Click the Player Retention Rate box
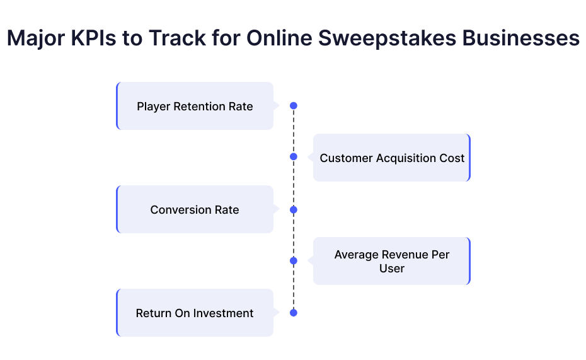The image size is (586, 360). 195,106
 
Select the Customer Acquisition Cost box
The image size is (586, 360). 392,158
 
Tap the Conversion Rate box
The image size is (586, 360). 195,209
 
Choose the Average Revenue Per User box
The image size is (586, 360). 392,261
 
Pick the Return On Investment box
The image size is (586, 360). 195,313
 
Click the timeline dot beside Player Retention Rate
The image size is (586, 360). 294,106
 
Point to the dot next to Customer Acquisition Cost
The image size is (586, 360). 294,156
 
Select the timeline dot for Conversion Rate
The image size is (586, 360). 294,210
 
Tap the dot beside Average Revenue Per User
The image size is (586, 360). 294,260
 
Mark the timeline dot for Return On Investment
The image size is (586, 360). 294,313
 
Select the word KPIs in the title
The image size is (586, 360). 93,38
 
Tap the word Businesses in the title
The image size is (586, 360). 521,38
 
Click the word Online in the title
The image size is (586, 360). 279,38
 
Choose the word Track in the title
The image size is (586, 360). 177,38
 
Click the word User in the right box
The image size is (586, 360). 392,269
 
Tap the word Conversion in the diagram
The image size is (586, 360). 181,210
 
